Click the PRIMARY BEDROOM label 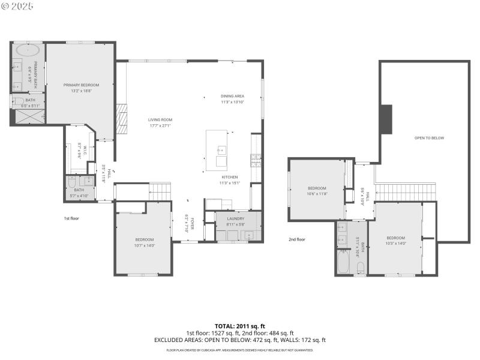[81, 85]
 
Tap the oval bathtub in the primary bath [28, 50]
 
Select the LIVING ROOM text [160, 120]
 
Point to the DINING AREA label [232, 96]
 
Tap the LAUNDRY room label [236, 218]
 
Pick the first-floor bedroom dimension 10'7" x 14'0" [144, 245]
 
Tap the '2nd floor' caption [296, 239]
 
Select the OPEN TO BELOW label [429, 138]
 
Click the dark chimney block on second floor [386, 119]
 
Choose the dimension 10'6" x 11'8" [316, 194]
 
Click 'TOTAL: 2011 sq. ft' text [239, 326]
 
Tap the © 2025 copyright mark [18, 5]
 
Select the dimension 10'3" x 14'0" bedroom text [395, 242]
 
